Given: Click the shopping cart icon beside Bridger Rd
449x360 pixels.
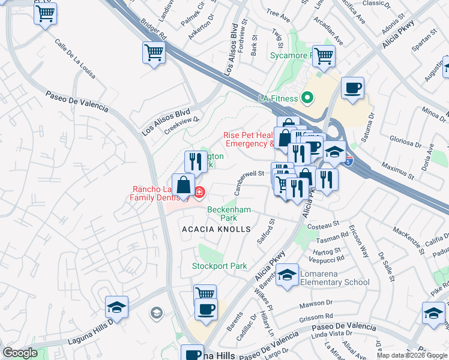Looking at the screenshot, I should coord(154,53).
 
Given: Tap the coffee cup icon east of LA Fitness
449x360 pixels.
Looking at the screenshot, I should coord(352,88).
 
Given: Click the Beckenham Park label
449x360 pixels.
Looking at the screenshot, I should coord(229,214).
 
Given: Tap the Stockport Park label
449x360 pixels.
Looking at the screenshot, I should coord(219,266).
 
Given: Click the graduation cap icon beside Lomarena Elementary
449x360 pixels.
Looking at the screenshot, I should coord(288,275).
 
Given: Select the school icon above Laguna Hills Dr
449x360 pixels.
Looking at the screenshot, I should coord(116,308).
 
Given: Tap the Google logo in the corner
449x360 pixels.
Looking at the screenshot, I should coord(20,353).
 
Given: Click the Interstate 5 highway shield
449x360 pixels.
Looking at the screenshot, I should coord(349,160).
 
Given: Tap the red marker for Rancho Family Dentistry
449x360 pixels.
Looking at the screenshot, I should coord(199,193).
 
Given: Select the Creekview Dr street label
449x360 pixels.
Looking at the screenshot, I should coord(181,122).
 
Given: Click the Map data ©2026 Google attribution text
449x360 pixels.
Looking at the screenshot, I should coord(412,355).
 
